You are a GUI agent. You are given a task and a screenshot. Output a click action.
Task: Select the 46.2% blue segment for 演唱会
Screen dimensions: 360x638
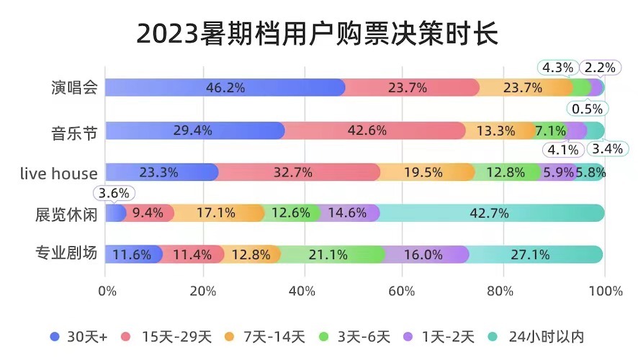pos(225,88)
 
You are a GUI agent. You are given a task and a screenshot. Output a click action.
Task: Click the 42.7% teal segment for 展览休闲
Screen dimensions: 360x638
pos(490,213)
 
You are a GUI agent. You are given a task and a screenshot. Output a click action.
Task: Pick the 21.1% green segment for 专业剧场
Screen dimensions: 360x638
pos(328,254)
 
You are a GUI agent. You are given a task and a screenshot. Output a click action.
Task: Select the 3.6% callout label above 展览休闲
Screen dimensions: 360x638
pos(112,193)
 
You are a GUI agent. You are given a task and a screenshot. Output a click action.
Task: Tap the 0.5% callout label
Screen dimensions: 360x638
pos(588,109)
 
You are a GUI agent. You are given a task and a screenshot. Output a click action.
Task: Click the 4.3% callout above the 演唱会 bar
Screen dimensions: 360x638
pos(557,68)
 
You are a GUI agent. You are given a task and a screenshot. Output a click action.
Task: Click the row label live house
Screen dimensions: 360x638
pos(59,173)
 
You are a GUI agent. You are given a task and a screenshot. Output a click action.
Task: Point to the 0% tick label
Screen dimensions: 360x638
pos(107,291)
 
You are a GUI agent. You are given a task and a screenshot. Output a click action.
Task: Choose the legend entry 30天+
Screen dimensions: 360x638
pos(79,336)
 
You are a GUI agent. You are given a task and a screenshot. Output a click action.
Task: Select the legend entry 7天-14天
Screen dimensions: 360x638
pos(266,336)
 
